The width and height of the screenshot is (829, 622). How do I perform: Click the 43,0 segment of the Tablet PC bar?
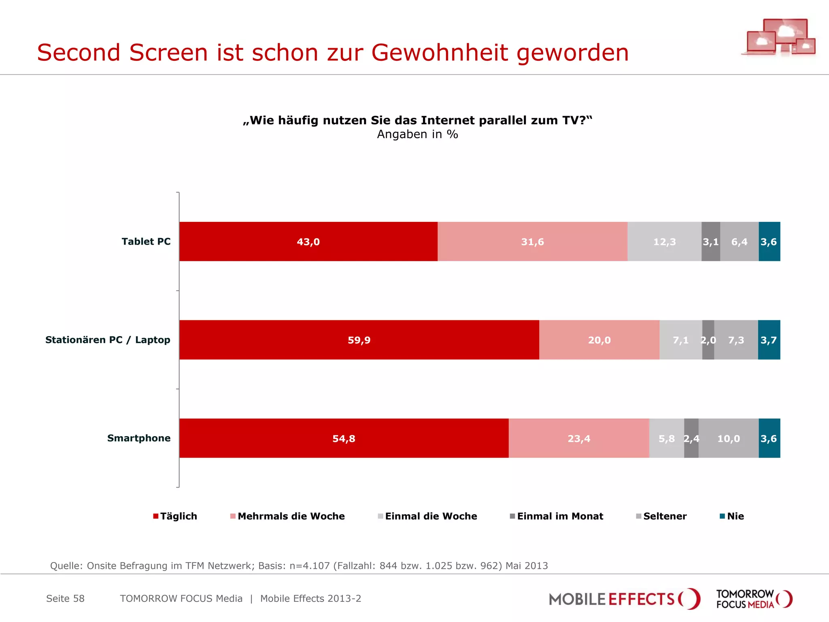308,242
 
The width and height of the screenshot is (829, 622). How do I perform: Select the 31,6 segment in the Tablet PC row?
532,242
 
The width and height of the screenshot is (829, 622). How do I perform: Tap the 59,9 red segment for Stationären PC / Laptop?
359,340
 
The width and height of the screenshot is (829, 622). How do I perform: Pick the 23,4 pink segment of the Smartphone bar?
579,439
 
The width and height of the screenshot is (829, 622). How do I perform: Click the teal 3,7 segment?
769,340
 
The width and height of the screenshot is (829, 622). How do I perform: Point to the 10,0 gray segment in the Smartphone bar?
728,439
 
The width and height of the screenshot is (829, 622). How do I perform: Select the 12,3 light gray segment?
664,242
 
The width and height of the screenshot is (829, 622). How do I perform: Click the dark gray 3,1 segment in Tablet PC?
710,242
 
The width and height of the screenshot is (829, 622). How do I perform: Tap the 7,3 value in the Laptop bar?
736,340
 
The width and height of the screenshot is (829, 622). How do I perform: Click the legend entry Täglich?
178,516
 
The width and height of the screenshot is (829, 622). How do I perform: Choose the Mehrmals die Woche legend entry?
291,516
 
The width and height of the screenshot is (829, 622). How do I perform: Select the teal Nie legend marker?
722,516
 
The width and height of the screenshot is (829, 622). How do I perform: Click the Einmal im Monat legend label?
560,516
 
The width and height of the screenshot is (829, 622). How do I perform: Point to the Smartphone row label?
139,438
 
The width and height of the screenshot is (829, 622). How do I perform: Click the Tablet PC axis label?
146,241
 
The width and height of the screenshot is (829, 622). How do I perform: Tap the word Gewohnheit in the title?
440,53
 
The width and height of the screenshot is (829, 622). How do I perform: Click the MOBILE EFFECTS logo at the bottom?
624,599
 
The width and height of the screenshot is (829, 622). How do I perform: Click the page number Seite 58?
65,599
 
